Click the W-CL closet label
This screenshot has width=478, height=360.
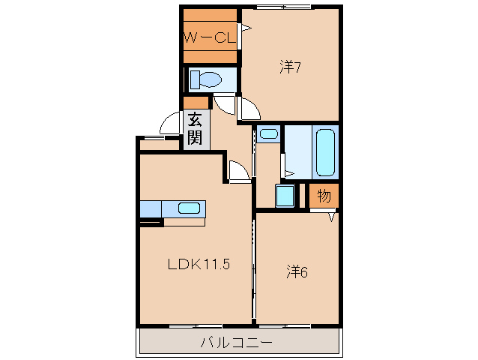point(209,35)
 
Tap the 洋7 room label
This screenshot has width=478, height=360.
point(290,67)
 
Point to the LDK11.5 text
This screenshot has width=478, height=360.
point(197,264)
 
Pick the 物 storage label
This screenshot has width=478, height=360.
point(324,196)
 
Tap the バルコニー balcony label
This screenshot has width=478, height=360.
point(236,343)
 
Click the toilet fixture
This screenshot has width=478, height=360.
point(206,79)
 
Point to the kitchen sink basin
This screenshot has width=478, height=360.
point(188,208)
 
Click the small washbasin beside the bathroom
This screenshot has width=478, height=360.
point(268,135)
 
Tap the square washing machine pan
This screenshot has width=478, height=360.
point(285,196)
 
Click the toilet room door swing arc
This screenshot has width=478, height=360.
point(225,103)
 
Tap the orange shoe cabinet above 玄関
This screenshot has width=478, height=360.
point(196,103)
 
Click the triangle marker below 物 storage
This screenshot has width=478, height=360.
point(331,217)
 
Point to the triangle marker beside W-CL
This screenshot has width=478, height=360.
point(245,31)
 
